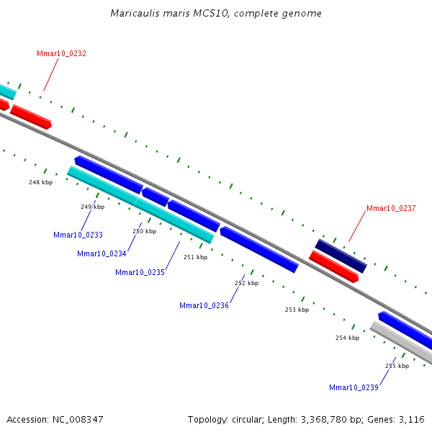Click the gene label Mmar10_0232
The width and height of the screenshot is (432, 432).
(61, 53)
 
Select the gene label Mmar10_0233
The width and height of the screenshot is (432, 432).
(78, 235)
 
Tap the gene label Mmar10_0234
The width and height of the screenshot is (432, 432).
(102, 253)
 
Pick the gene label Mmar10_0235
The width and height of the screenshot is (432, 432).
(140, 272)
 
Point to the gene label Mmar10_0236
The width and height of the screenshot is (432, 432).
(204, 305)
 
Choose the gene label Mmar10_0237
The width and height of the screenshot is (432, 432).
(391, 208)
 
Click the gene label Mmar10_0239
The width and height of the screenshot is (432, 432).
(354, 387)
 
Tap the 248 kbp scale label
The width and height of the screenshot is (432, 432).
(40, 182)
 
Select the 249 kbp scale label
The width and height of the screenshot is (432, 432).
(92, 207)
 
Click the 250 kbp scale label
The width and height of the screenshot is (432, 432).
(144, 231)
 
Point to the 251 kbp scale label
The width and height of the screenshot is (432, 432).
(195, 257)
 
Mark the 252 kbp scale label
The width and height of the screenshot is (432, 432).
(246, 283)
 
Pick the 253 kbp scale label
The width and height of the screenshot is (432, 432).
(297, 310)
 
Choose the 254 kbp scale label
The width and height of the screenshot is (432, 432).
(347, 338)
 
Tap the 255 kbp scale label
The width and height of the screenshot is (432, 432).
(397, 366)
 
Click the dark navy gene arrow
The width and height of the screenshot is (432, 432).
(341, 256)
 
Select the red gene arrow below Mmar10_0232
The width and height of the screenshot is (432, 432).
(31, 117)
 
